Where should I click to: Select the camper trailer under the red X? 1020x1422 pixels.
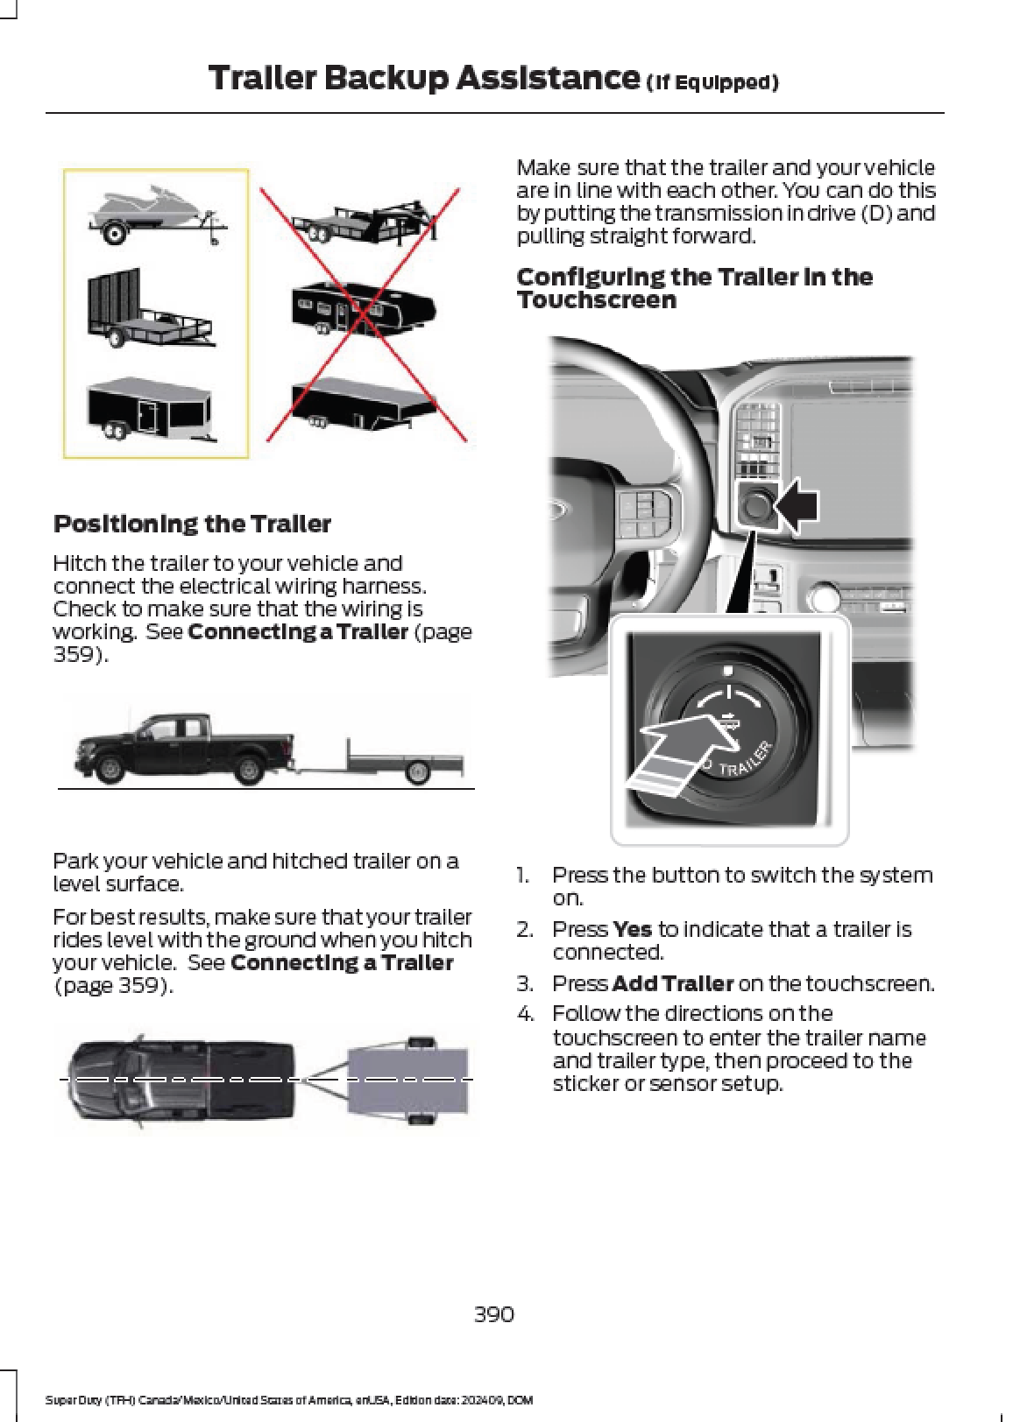362,309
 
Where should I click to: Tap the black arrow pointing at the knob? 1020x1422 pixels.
798,506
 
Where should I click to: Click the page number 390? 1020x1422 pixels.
493,1314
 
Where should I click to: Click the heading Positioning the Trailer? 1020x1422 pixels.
192,524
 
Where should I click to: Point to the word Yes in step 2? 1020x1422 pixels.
632,929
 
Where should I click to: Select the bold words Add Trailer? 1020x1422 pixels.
672,983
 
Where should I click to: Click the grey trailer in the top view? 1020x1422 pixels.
407,1081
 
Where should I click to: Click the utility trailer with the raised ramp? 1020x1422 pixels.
147,310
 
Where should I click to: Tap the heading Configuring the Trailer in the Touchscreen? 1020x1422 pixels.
694,288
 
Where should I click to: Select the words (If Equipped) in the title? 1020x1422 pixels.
712,83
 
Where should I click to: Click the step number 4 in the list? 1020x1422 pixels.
525,1014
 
